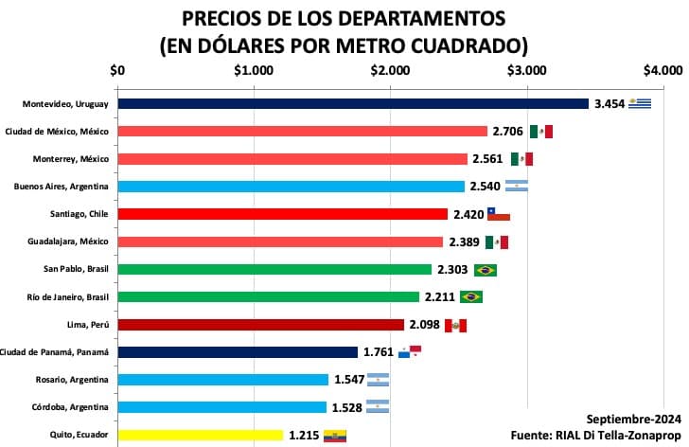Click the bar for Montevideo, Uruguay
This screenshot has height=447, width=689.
tap(352, 104)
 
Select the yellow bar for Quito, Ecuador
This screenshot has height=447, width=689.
tap(200, 435)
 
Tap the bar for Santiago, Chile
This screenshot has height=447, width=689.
tap(282, 214)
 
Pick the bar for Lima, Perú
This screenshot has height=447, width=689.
tap(260, 325)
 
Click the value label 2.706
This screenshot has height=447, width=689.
tap(508, 132)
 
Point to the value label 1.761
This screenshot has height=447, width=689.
tap(379, 352)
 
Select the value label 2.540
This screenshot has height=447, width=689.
tap(485, 187)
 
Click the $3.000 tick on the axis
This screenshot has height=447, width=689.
tap(526, 69)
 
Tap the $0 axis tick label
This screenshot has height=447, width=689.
tap(117, 69)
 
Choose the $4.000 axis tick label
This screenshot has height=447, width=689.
tap(662, 69)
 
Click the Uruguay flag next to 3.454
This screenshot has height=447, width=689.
tap(642, 104)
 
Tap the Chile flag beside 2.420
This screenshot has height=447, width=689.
tap(498, 214)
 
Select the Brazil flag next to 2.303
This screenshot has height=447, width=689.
tap(486, 270)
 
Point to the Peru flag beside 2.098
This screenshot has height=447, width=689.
tap(456, 325)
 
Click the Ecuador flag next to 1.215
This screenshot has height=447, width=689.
tap(335, 436)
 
